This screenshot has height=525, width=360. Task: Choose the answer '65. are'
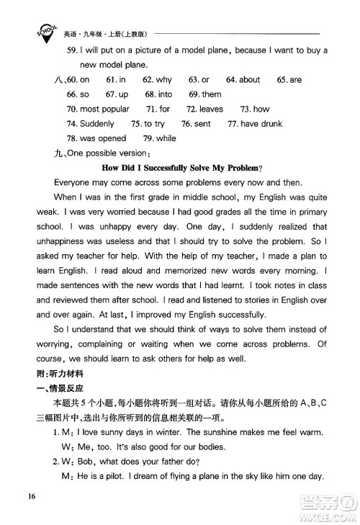(289, 80)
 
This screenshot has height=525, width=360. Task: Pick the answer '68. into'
(158, 94)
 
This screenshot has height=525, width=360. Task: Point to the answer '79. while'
(159, 138)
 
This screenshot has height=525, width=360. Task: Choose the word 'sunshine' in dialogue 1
(209, 432)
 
